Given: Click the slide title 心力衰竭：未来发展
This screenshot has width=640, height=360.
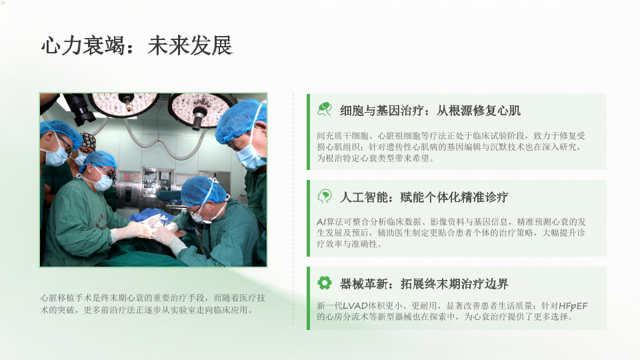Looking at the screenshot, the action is (137, 45).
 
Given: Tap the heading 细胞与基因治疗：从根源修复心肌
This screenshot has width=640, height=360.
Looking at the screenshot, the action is (430, 111).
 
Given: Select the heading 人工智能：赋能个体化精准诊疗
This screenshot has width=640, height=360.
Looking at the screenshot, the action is (424, 197).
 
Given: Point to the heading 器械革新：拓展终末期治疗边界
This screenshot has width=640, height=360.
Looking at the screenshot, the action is (424, 284).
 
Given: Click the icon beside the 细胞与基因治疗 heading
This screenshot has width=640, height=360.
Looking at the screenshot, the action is (325, 109).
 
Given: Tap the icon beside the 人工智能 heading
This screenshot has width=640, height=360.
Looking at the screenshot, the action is (325, 196).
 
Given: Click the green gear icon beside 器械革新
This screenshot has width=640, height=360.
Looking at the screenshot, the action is (325, 283).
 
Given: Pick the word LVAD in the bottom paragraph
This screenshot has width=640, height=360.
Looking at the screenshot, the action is (355, 306).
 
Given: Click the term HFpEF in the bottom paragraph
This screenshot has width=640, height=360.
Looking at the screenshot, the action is (573, 306).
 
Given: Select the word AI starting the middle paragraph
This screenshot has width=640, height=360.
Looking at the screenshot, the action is (321, 221).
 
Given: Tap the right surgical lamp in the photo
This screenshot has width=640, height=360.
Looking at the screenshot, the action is (199, 110).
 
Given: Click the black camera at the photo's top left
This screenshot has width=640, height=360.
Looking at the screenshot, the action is (80, 107).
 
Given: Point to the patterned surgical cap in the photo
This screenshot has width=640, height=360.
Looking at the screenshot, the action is (88, 141).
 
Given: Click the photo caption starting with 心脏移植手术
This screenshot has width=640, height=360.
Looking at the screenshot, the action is (153, 304).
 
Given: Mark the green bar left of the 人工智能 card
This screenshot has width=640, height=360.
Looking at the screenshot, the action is (308, 219).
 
